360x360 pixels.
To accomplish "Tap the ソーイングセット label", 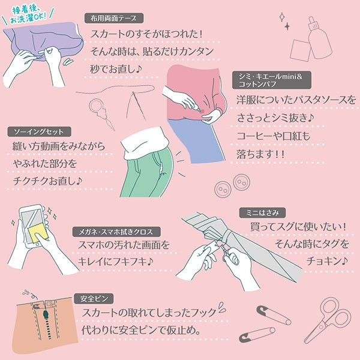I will point(39,131).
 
